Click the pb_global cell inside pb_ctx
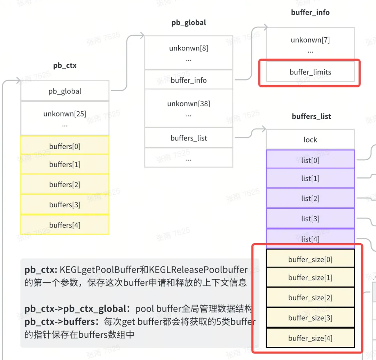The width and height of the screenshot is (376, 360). pos(65,91)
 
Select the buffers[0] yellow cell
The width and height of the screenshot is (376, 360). pos(65,145)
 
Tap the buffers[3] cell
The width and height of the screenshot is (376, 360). pos(65,205)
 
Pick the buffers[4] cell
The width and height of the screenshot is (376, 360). pos(65,225)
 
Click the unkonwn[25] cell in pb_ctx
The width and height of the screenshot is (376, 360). pos(65,118)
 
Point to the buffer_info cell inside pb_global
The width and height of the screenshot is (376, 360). pos(189,80)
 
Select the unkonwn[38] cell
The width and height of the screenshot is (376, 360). pos(189,108)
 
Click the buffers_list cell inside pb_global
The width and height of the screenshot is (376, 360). pos(189,138)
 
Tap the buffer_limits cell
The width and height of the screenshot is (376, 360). pos(310,72)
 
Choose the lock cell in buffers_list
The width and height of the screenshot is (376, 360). pos(310,139)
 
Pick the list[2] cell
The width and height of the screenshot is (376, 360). pos(310,198)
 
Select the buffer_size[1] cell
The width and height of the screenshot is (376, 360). pos(310,277)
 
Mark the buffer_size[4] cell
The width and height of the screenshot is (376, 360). pos(310,338)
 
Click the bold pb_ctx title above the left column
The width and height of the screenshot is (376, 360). pos(65,66)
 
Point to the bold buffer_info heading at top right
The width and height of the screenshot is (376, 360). pos(310,12)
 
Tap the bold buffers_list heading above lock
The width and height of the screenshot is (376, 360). pos(311,116)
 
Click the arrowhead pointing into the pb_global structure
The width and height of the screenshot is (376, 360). pos(142,36)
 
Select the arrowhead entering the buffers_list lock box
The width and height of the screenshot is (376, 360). pos(264,129)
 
